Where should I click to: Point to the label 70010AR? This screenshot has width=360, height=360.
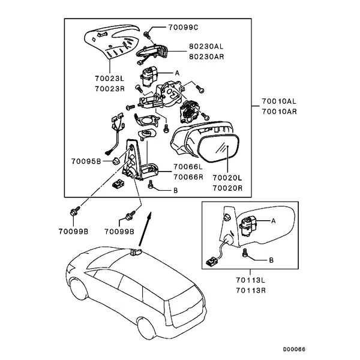pyautogui.click(x=278, y=112)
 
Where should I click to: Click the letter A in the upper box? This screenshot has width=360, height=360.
pyautogui.click(x=177, y=73)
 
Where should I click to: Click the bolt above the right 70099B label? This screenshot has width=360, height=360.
pyautogui.click(x=130, y=215)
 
